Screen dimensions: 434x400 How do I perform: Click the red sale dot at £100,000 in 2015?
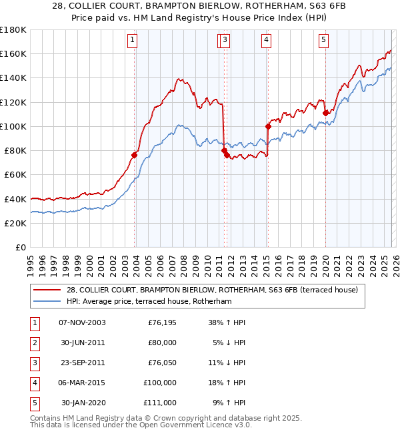pyautogui.click(x=268, y=126)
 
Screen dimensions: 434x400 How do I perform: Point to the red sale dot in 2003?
pyautogui.click(x=134, y=155)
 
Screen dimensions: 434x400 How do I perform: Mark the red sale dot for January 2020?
pyautogui.click(x=325, y=113)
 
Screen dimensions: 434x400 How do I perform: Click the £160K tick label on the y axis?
pyautogui.click(x=13, y=53)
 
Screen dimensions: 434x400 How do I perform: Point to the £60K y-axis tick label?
pyautogui.click(x=15, y=174)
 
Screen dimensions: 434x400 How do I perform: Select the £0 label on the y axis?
pyautogui.click(x=20, y=247)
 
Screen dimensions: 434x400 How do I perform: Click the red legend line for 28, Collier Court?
pyautogui.click(x=47, y=290)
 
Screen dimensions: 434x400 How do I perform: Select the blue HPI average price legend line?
pyautogui.click(x=47, y=302)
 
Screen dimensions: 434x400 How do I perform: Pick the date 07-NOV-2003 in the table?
pyautogui.click(x=82, y=322)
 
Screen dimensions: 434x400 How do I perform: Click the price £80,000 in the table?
pyautogui.click(x=162, y=343)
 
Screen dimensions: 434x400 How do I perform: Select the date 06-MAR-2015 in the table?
pyautogui.click(x=82, y=383)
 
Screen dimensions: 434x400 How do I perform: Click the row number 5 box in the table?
pyautogui.click(x=33, y=403)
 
